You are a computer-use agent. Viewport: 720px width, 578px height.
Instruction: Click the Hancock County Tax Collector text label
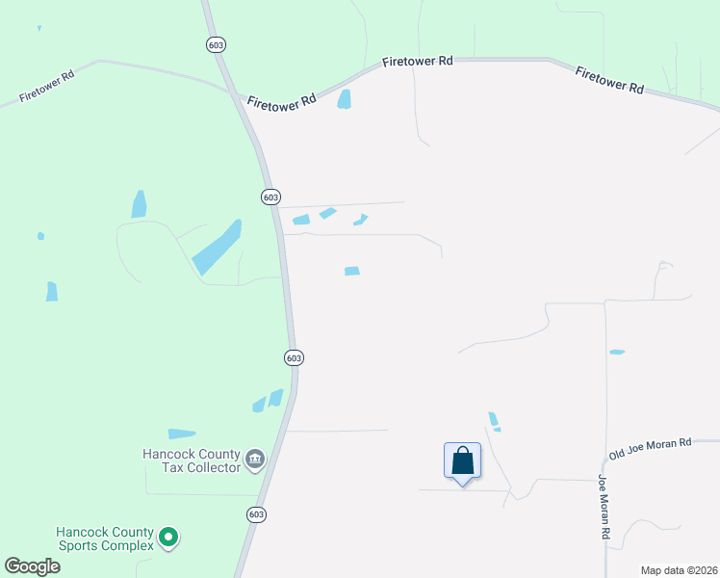[x=191, y=460]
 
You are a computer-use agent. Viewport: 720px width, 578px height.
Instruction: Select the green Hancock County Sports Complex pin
[x=168, y=538]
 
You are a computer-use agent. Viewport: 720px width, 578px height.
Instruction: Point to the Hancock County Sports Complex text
[x=104, y=539]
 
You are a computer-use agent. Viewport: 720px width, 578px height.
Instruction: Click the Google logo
[x=33, y=565]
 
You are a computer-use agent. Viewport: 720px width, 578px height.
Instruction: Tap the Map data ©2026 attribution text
[x=679, y=570]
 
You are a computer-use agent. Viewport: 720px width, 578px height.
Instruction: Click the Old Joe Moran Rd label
[x=651, y=448]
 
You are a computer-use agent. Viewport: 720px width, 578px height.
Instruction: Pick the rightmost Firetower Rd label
[x=609, y=80]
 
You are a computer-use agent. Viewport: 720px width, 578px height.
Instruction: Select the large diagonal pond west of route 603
[x=217, y=247]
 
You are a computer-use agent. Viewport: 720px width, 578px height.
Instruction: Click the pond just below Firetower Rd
[x=345, y=98]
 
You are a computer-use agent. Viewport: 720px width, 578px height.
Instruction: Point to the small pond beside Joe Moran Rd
[x=617, y=353]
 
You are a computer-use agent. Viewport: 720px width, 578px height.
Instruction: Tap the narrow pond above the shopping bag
[x=494, y=419]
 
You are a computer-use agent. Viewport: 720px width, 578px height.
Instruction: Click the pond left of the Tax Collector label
[x=181, y=434]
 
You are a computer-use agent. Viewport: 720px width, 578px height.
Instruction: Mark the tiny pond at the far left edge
[x=40, y=236]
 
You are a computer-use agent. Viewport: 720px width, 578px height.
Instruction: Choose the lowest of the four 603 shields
[x=254, y=514]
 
